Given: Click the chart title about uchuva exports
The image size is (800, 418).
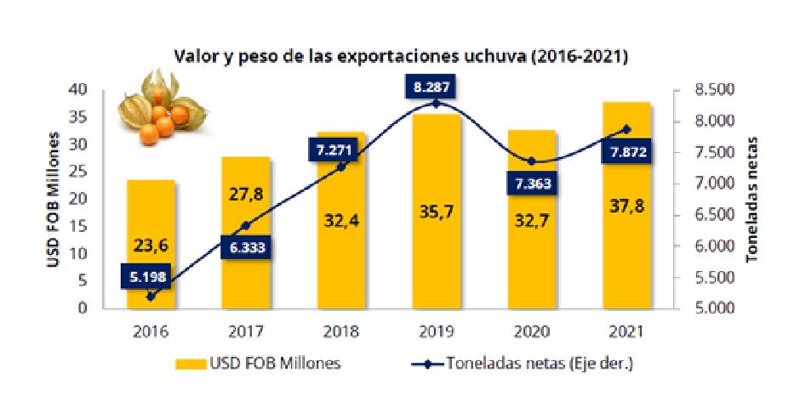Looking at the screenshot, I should (401, 58).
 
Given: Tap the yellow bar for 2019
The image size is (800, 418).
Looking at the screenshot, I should (437, 212).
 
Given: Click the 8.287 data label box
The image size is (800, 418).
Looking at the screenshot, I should (437, 88).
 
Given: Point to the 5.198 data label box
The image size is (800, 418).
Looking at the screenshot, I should (150, 276).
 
